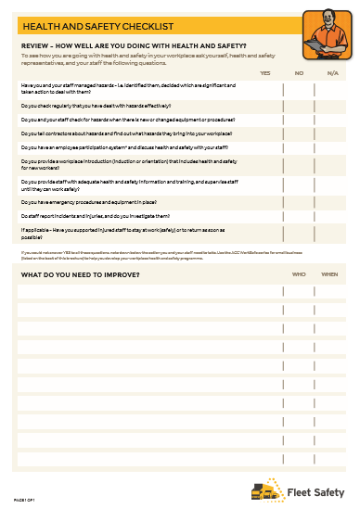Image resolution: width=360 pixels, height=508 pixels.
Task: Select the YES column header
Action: click(x=265, y=72)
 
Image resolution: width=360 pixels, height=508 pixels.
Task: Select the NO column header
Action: click(x=299, y=72)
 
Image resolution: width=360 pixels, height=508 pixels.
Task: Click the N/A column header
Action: click(x=332, y=72)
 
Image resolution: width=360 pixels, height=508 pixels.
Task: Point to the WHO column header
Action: click(x=299, y=274)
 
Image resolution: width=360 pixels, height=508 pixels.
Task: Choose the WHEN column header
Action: click(x=329, y=274)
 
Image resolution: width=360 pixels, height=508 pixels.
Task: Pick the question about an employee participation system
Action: click(x=121, y=148)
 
